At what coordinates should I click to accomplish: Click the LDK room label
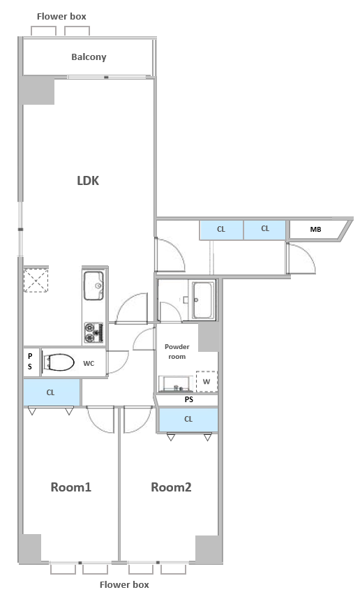(88, 181)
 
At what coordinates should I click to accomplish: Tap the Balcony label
(89, 57)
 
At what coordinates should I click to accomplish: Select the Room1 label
(71, 487)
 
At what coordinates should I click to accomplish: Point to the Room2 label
(171, 487)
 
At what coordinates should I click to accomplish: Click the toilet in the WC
(59, 362)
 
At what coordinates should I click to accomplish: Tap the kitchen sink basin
(93, 286)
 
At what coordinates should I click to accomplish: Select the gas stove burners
(93, 332)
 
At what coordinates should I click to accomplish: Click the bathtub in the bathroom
(203, 300)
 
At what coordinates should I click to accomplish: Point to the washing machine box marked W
(207, 381)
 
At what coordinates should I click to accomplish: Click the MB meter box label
(315, 230)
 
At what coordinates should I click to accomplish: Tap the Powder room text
(177, 352)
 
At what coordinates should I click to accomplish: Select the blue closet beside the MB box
(264, 230)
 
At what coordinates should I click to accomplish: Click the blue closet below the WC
(52, 392)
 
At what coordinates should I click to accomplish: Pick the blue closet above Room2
(188, 420)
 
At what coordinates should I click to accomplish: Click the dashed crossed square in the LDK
(36, 280)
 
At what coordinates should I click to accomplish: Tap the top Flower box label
(61, 16)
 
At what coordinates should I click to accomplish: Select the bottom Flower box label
(124, 585)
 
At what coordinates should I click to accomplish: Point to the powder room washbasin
(176, 384)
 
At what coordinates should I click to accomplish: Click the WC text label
(89, 363)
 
